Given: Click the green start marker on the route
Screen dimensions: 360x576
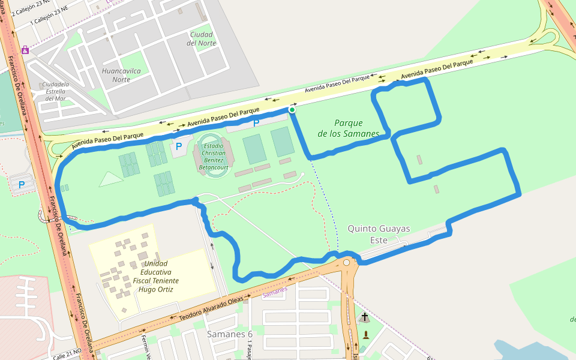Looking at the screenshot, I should pyautogui.click(x=292, y=110).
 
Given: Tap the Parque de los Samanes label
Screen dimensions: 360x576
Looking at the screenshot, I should pyautogui.click(x=349, y=128).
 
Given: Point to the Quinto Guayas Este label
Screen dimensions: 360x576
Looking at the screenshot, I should pyautogui.click(x=379, y=234).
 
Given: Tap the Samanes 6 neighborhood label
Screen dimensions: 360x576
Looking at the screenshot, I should pyautogui.click(x=229, y=334).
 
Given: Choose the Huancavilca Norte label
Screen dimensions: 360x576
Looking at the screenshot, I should pyautogui.click(x=121, y=75).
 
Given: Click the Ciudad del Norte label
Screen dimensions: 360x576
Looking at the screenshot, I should pyautogui.click(x=201, y=38).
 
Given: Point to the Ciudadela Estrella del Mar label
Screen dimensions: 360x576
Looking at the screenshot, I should pyautogui.click(x=55, y=91).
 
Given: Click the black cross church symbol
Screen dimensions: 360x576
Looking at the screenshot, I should pyautogui.click(x=364, y=316).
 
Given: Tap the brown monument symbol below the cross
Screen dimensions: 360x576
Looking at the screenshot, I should pyautogui.click(x=366, y=335).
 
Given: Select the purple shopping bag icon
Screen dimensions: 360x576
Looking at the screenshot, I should pyautogui.click(x=25, y=50).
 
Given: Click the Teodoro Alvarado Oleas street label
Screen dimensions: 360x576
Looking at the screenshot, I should pyautogui.click(x=212, y=307).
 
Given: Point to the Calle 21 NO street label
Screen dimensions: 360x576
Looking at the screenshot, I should pyautogui.click(x=67, y=354).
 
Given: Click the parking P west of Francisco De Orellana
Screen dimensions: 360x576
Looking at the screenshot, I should pyautogui.click(x=22, y=185).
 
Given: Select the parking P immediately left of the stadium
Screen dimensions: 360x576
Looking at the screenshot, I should pyautogui.click(x=178, y=146).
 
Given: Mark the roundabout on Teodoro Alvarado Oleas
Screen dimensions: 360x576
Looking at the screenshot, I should pyautogui.click(x=346, y=263).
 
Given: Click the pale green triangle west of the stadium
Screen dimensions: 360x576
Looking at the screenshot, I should pyautogui.click(x=111, y=179).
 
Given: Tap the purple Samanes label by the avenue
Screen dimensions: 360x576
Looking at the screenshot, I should pyautogui.click(x=275, y=292).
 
